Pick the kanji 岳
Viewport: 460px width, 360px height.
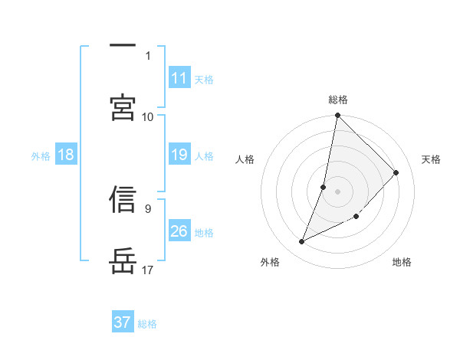pos(123,261)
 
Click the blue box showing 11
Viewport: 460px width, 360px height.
pos(179,78)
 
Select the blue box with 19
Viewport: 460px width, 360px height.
pos(179,155)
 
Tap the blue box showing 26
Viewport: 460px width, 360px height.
pos(179,231)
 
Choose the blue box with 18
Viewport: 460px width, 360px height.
pos(66,155)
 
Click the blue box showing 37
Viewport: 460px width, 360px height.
pos(123,322)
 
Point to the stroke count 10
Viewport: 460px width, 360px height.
pos(148,116)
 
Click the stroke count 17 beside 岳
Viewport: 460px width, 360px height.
pos(148,270)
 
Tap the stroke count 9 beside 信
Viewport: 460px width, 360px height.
pos(148,208)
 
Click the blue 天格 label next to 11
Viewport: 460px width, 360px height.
pos(204,79)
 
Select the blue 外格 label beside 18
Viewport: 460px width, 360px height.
pos(41,156)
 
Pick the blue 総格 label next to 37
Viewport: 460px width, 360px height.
pos(147,324)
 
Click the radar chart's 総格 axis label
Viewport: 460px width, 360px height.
pos(338,100)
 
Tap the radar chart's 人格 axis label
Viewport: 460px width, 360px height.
pos(245,159)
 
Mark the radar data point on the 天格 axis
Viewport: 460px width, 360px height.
pos(396,172)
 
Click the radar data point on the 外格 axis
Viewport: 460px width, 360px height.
pos(302,242)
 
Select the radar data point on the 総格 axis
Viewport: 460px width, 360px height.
pos(338,116)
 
